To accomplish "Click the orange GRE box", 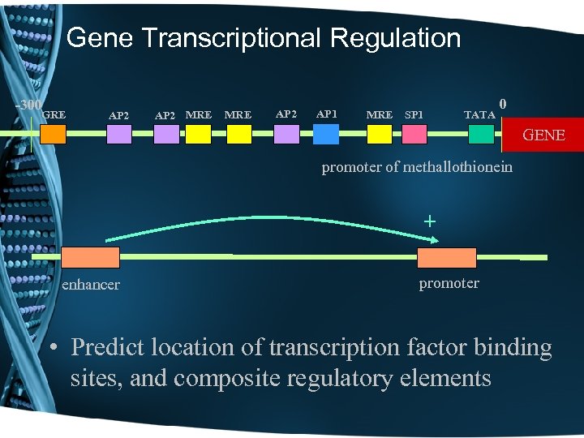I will point(53,134).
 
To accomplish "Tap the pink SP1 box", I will point(414,134).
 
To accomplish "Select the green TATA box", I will point(481,134).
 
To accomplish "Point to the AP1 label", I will point(327,114).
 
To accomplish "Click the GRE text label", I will point(54,115).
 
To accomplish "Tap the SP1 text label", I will point(414,115).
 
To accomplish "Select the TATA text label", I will point(479,115).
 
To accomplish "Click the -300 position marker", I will point(29,105).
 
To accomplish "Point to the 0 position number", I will point(504,104).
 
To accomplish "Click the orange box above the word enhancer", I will point(91,258).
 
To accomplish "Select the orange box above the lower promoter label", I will point(446,258).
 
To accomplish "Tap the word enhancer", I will point(91,285).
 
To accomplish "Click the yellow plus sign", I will point(430,221).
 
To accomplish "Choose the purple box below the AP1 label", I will point(328,134).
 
